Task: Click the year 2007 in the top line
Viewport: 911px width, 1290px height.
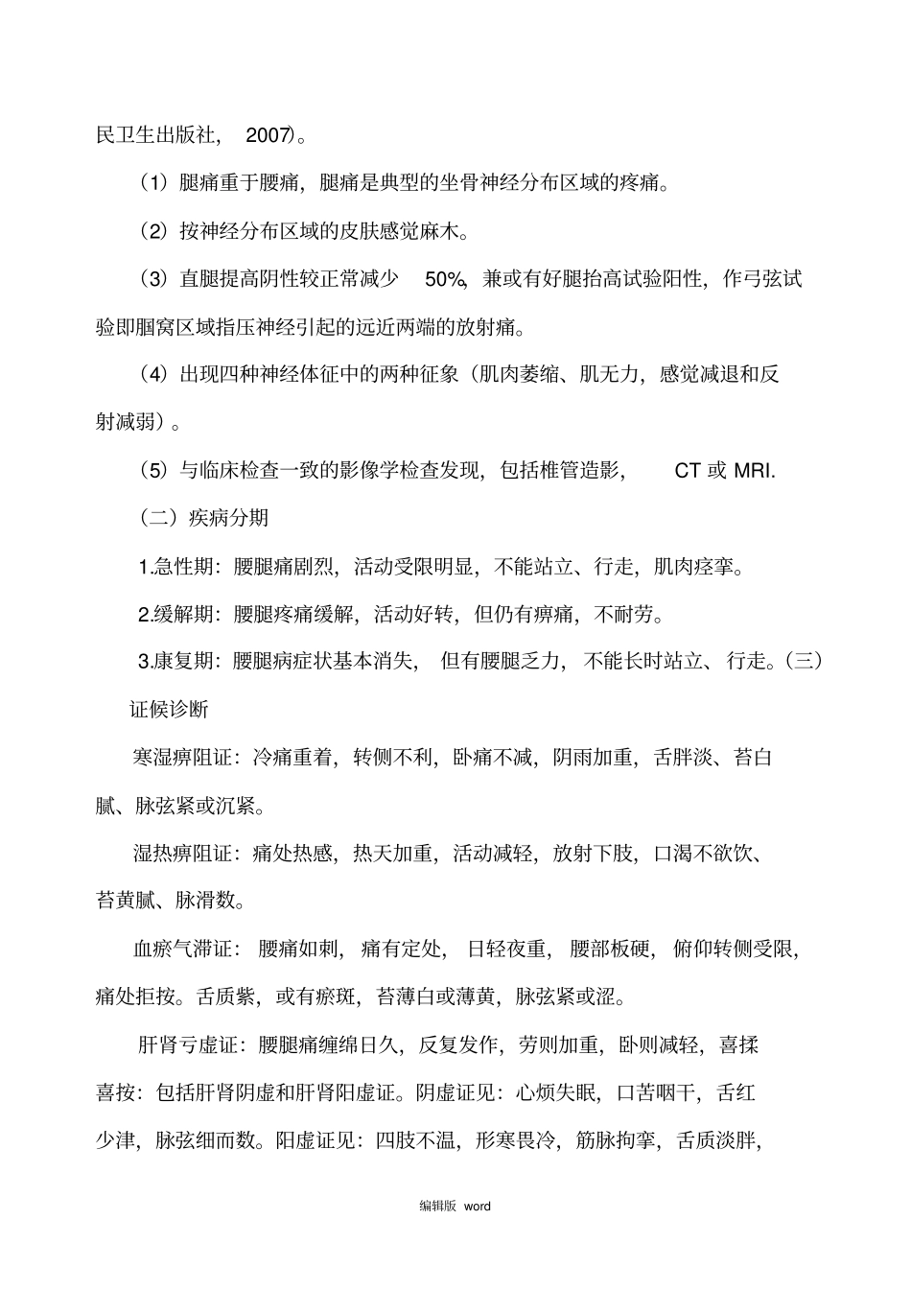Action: pos(268,135)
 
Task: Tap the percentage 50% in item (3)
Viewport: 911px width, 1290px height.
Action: pos(444,279)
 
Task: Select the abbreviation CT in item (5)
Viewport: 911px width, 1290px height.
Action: pos(688,471)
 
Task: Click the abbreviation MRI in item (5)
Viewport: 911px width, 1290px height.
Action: pos(753,471)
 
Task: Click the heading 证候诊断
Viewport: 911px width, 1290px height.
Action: pos(170,710)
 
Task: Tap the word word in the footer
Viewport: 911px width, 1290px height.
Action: pos(477,1207)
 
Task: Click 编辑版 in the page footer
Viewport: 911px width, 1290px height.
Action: pos(436,1207)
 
